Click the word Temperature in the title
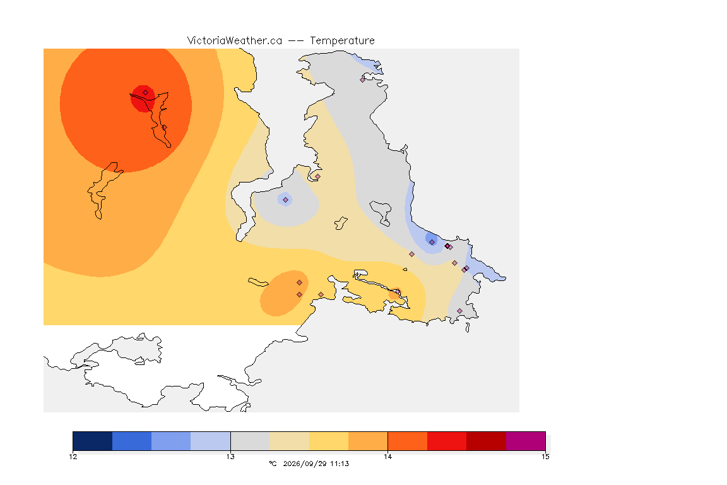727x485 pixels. [x=342, y=41]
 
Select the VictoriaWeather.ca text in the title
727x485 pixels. [x=235, y=40]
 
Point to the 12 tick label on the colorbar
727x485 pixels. [x=73, y=457]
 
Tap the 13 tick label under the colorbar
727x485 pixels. [x=230, y=457]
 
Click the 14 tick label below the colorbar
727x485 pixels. [x=387, y=457]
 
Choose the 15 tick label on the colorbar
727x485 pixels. [x=545, y=457]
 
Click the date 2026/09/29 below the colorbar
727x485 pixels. [x=305, y=464]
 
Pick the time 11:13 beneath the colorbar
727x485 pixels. [x=340, y=464]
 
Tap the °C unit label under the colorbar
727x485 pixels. [x=273, y=464]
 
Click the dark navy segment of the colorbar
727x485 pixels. [x=93, y=441]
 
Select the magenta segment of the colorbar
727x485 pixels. [x=525, y=441]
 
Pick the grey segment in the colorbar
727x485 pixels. [x=250, y=441]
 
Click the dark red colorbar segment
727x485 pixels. [x=486, y=441]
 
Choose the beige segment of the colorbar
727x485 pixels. [x=289, y=441]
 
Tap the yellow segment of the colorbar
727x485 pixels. [x=329, y=441]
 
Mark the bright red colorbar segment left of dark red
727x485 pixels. [x=447, y=441]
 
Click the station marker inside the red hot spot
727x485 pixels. [x=146, y=92]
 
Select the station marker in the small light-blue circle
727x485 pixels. [x=286, y=200]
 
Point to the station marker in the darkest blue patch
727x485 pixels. [x=432, y=242]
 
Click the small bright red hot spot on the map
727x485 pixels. [x=143, y=99]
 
